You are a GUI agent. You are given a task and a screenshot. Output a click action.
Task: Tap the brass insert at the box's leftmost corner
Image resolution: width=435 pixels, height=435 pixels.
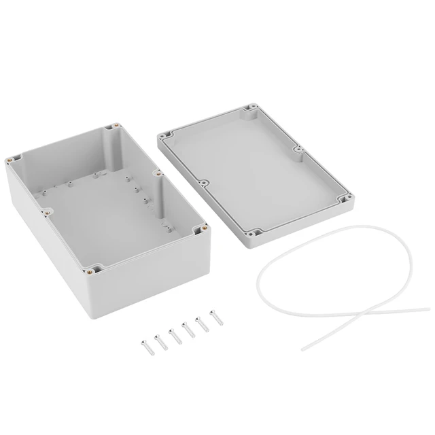click(x=9, y=160)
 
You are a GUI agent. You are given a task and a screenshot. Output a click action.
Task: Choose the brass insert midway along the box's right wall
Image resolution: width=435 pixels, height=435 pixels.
click(x=156, y=174)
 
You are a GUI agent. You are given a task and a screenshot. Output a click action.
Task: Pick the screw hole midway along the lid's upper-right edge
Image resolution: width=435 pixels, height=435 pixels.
click(x=298, y=150)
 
